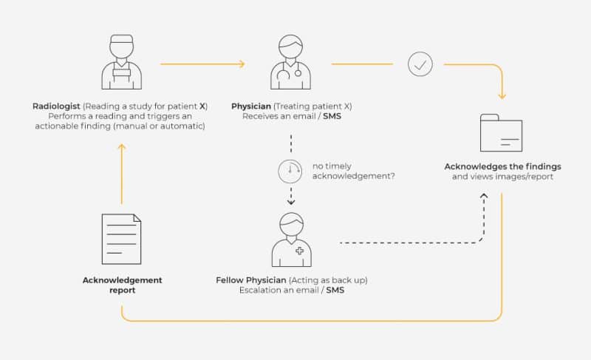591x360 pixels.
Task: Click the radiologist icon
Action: point(120,62)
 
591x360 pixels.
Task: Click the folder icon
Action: point(502,133)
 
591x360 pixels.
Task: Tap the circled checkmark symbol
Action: point(420,64)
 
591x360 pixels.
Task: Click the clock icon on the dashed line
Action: point(290,171)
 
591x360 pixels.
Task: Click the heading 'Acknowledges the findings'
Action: point(502,166)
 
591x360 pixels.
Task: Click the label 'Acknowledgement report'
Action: point(122,285)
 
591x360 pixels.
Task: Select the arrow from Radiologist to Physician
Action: point(202,64)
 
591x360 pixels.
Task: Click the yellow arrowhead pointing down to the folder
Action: point(502,95)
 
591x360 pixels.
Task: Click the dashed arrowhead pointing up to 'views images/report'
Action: point(484,196)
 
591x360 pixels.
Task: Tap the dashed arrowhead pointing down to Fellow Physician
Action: point(290,201)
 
